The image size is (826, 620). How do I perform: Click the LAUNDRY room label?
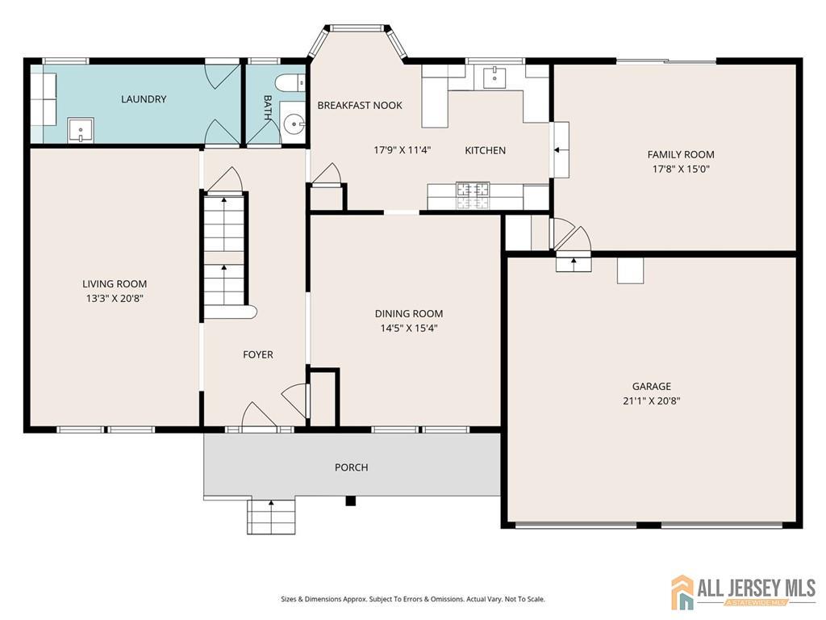[144, 99]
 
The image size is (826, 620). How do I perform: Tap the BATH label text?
[268, 108]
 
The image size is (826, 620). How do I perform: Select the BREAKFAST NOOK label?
[360, 106]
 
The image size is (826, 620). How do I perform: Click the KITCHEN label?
[486, 150]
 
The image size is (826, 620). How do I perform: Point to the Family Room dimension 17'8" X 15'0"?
[681, 170]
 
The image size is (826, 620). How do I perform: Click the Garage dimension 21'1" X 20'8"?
[651, 400]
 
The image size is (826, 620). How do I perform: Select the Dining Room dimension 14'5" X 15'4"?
[409, 328]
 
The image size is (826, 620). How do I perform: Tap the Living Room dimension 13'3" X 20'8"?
[115, 298]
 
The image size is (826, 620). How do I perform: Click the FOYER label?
[258, 354]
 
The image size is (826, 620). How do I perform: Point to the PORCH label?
[352, 467]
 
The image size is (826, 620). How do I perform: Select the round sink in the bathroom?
[294, 125]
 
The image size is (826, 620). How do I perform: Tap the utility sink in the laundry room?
[81, 129]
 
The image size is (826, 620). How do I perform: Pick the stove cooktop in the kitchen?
[473, 191]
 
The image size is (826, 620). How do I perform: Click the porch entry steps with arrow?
[271, 516]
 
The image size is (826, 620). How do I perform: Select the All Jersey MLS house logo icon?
[682, 592]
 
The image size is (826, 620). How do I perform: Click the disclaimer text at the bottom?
[412, 599]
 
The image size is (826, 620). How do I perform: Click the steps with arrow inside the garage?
[574, 262]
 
